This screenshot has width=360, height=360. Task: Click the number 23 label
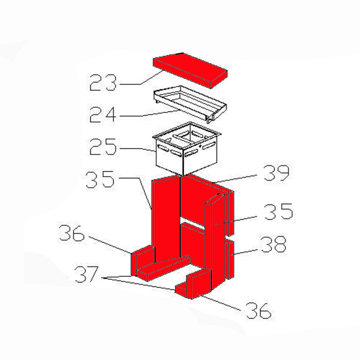pos(103,83)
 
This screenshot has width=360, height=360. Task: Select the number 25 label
pos(103,147)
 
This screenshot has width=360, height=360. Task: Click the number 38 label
pos(274,244)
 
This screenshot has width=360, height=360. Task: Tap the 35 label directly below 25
pos(100,180)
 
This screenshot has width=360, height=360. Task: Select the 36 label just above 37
pos(72,233)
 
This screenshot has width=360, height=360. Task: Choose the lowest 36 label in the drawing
pos(259,311)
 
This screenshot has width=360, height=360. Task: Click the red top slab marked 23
pos(190,70)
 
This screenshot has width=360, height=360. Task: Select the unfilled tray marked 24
pos(190,103)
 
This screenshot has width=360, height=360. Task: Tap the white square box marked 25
pos(186,149)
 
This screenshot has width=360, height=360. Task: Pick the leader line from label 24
pos(149,114)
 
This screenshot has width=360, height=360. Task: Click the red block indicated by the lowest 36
pos(198,284)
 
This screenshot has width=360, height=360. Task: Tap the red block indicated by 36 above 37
pos(143,261)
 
